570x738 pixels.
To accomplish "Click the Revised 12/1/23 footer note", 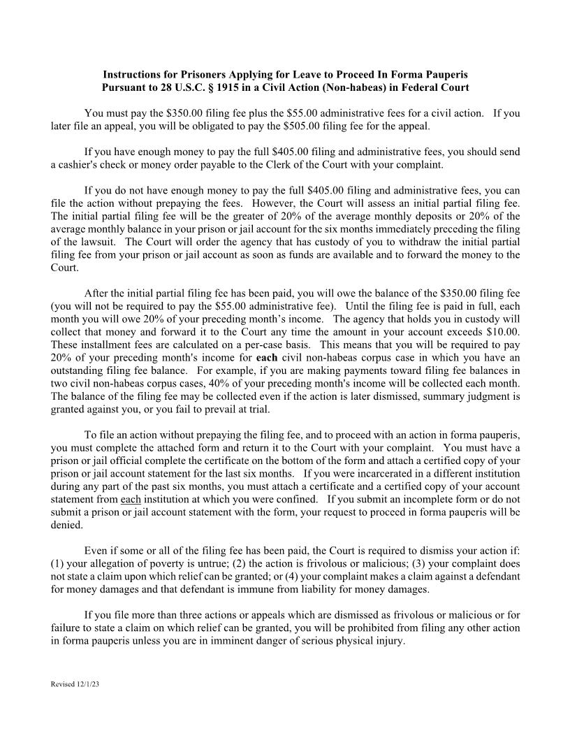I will [x=75, y=684].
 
